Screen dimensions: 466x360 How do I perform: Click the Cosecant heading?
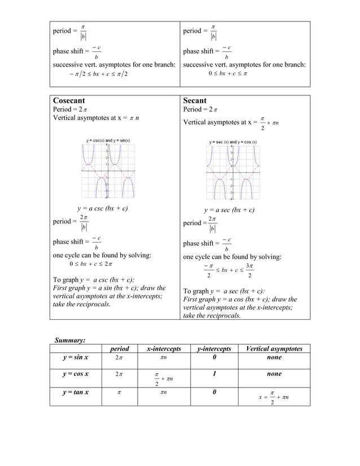(x=71, y=100)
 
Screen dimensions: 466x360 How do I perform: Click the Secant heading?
(x=195, y=100)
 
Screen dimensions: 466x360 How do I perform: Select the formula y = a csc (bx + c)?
(x=102, y=209)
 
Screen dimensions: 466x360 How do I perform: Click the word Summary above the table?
(x=69, y=340)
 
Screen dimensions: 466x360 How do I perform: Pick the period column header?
(x=120, y=349)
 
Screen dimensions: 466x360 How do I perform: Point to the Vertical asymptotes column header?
(x=274, y=349)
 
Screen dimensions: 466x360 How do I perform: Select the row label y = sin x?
(x=78, y=358)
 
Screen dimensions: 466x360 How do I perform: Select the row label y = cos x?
(x=78, y=374)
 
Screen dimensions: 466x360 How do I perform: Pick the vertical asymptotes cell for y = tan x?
(x=274, y=397)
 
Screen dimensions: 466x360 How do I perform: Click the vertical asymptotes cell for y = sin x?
(x=274, y=358)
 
